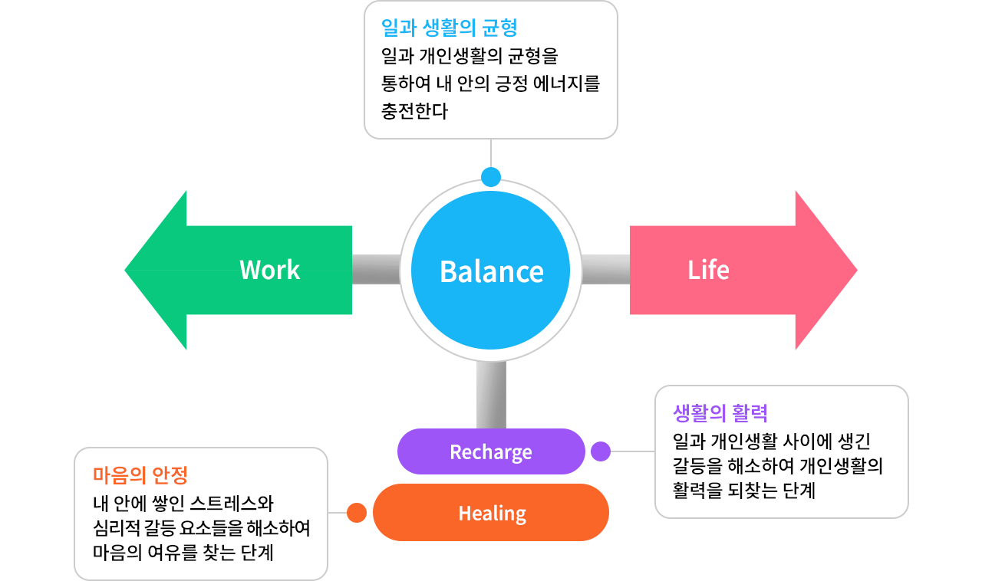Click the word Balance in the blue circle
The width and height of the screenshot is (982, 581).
(x=491, y=271)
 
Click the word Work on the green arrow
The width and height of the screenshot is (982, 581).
(x=269, y=270)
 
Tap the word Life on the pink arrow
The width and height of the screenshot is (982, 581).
(x=708, y=270)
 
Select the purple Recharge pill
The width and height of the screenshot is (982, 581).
(x=491, y=451)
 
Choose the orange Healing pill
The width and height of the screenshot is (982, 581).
(x=491, y=513)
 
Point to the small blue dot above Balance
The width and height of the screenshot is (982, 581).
(x=491, y=177)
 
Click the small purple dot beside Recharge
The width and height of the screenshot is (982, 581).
(x=601, y=451)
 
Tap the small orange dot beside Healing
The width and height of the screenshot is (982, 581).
(x=356, y=513)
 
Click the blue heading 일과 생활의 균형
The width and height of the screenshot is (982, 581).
(x=449, y=28)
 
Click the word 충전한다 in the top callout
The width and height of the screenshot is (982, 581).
(x=414, y=111)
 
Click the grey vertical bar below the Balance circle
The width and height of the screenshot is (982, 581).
(x=491, y=395)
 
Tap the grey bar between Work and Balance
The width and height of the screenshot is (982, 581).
(x=376, y=270)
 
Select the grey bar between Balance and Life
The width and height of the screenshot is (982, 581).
(x=605, y=270)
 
